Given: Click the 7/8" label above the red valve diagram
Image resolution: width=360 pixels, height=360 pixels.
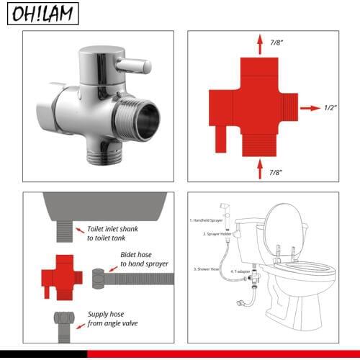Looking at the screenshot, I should [276, 42].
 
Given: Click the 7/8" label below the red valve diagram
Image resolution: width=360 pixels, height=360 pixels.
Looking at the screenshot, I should [276, 173].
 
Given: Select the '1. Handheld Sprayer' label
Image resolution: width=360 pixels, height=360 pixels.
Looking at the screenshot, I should [207, 219].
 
